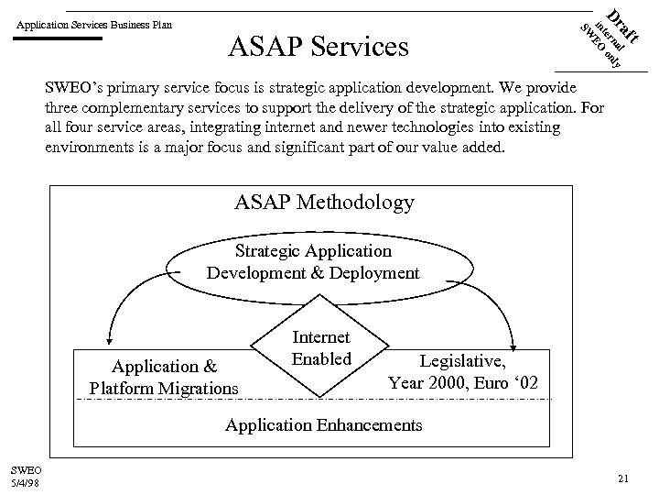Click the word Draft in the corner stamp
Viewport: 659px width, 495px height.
pyautogui.click(x=628, y=21)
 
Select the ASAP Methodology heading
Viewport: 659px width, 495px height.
pyautogui.click(x=324, y=202)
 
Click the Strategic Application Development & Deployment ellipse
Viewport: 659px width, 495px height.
pyautogui.click(x=313, y=261)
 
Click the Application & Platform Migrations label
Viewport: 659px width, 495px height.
pyautogui.click(x=164, y=378)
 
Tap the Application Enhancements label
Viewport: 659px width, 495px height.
pyautogui.click(x=324, y=424)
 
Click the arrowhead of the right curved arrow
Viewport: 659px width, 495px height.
pyautogui.click(x=513, y=336)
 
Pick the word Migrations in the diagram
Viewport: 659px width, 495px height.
pyautogui.click(x=197, y=388)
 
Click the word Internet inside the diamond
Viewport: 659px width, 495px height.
pyautogui.click(x=321, y=338)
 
